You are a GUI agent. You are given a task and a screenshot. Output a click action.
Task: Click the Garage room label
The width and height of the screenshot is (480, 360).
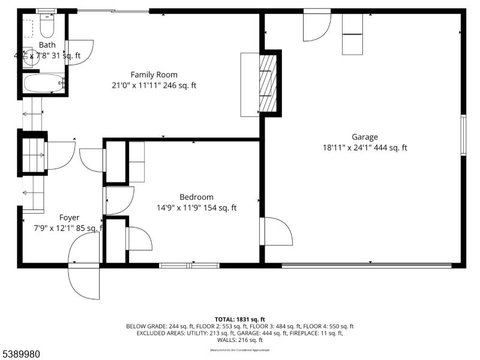pos(365,137)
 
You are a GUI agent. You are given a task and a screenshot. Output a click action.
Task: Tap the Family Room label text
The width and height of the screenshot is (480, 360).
pos(154,74)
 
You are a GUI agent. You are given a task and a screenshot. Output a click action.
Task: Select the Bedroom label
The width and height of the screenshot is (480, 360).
pos(196,197)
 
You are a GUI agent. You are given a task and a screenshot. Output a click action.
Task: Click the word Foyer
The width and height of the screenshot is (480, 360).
pos(69,217)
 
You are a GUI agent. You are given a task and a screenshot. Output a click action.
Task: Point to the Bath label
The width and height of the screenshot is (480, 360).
pos(47,45)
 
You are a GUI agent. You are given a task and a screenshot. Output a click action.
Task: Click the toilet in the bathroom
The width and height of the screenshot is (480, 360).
pos(47,26)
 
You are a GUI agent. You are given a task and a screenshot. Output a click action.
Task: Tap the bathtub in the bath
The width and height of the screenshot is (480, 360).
pos(44,83)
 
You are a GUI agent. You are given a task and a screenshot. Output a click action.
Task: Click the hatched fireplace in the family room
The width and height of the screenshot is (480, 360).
pos(268,83)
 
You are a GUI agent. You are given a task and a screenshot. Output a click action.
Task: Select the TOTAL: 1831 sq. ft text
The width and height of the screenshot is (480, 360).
pos(239,319)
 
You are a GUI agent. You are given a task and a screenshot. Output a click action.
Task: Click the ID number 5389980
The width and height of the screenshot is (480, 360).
pos(20,354)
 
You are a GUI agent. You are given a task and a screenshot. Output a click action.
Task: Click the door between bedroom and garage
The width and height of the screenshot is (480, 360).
pos(276,232)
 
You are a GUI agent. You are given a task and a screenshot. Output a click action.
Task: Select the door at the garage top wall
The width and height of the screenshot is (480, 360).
pos(316,25)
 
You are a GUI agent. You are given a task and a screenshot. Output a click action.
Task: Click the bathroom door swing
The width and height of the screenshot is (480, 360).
pos(79,52)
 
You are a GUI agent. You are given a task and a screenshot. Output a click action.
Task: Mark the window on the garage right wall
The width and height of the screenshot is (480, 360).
pos(463,136)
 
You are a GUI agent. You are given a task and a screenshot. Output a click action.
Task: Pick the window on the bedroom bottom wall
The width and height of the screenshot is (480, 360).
pos(189,265)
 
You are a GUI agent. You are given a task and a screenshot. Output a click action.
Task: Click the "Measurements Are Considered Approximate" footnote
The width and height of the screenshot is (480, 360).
pos(239,350)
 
